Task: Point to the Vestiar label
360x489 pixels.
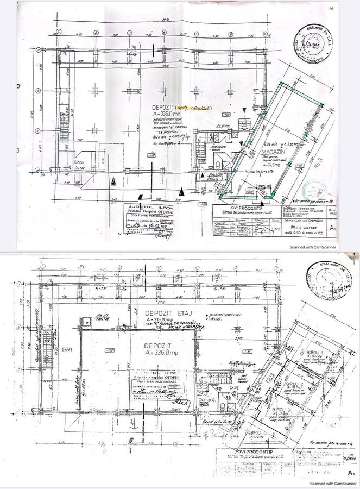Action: [223, 126]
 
